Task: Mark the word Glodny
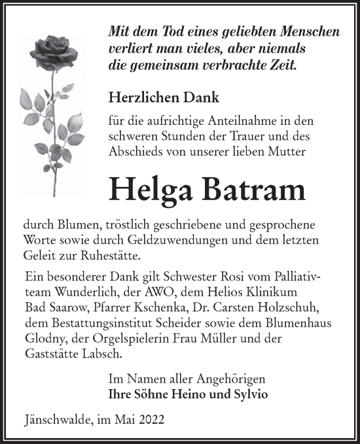point(40,338)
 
